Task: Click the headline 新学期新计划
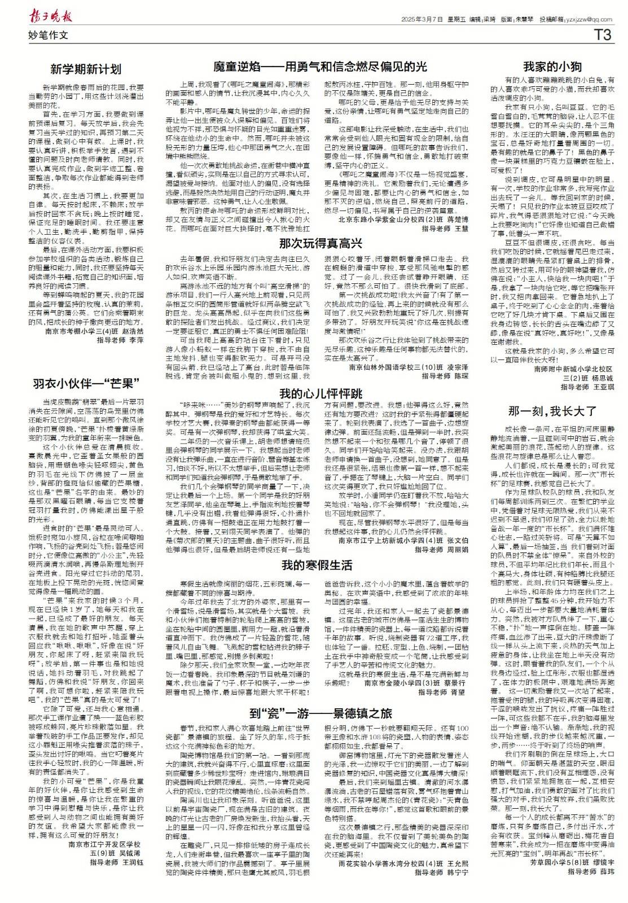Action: point(86,69)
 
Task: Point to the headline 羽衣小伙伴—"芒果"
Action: point(86,384)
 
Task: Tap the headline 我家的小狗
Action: point(552,65)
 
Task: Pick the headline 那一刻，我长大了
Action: point(552,410)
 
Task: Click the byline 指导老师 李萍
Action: point(120,341)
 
